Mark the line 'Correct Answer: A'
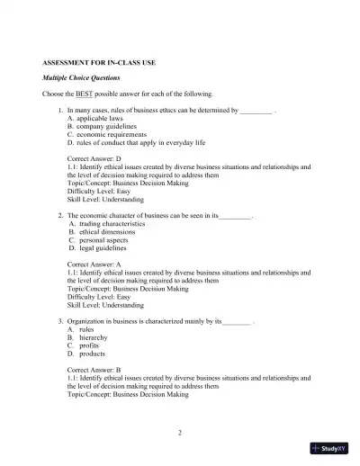95,264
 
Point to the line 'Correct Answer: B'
95,370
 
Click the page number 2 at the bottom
180,433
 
